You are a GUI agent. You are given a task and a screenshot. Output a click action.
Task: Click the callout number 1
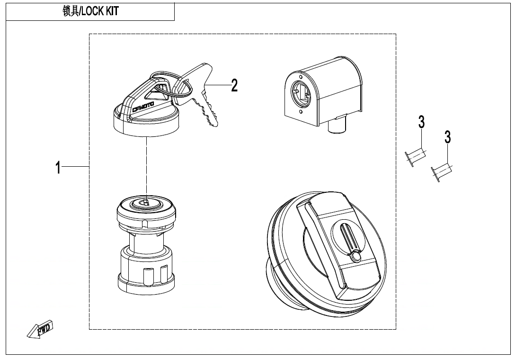58,167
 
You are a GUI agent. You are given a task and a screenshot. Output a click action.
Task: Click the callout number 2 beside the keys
234,86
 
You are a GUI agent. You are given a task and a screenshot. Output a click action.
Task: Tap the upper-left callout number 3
421,122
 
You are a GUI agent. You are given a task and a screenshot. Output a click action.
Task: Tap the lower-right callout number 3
448,137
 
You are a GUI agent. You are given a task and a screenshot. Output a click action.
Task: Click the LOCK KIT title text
90,11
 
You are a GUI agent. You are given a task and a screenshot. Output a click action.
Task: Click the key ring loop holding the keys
182,88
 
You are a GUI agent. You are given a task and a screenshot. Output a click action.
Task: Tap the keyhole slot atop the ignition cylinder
147,202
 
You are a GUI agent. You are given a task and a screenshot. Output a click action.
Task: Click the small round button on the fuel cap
356,257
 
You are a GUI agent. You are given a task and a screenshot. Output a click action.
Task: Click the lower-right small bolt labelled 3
441,171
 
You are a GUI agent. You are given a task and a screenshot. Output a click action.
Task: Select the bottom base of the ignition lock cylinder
147,283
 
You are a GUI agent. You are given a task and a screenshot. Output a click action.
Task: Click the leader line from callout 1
76,167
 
